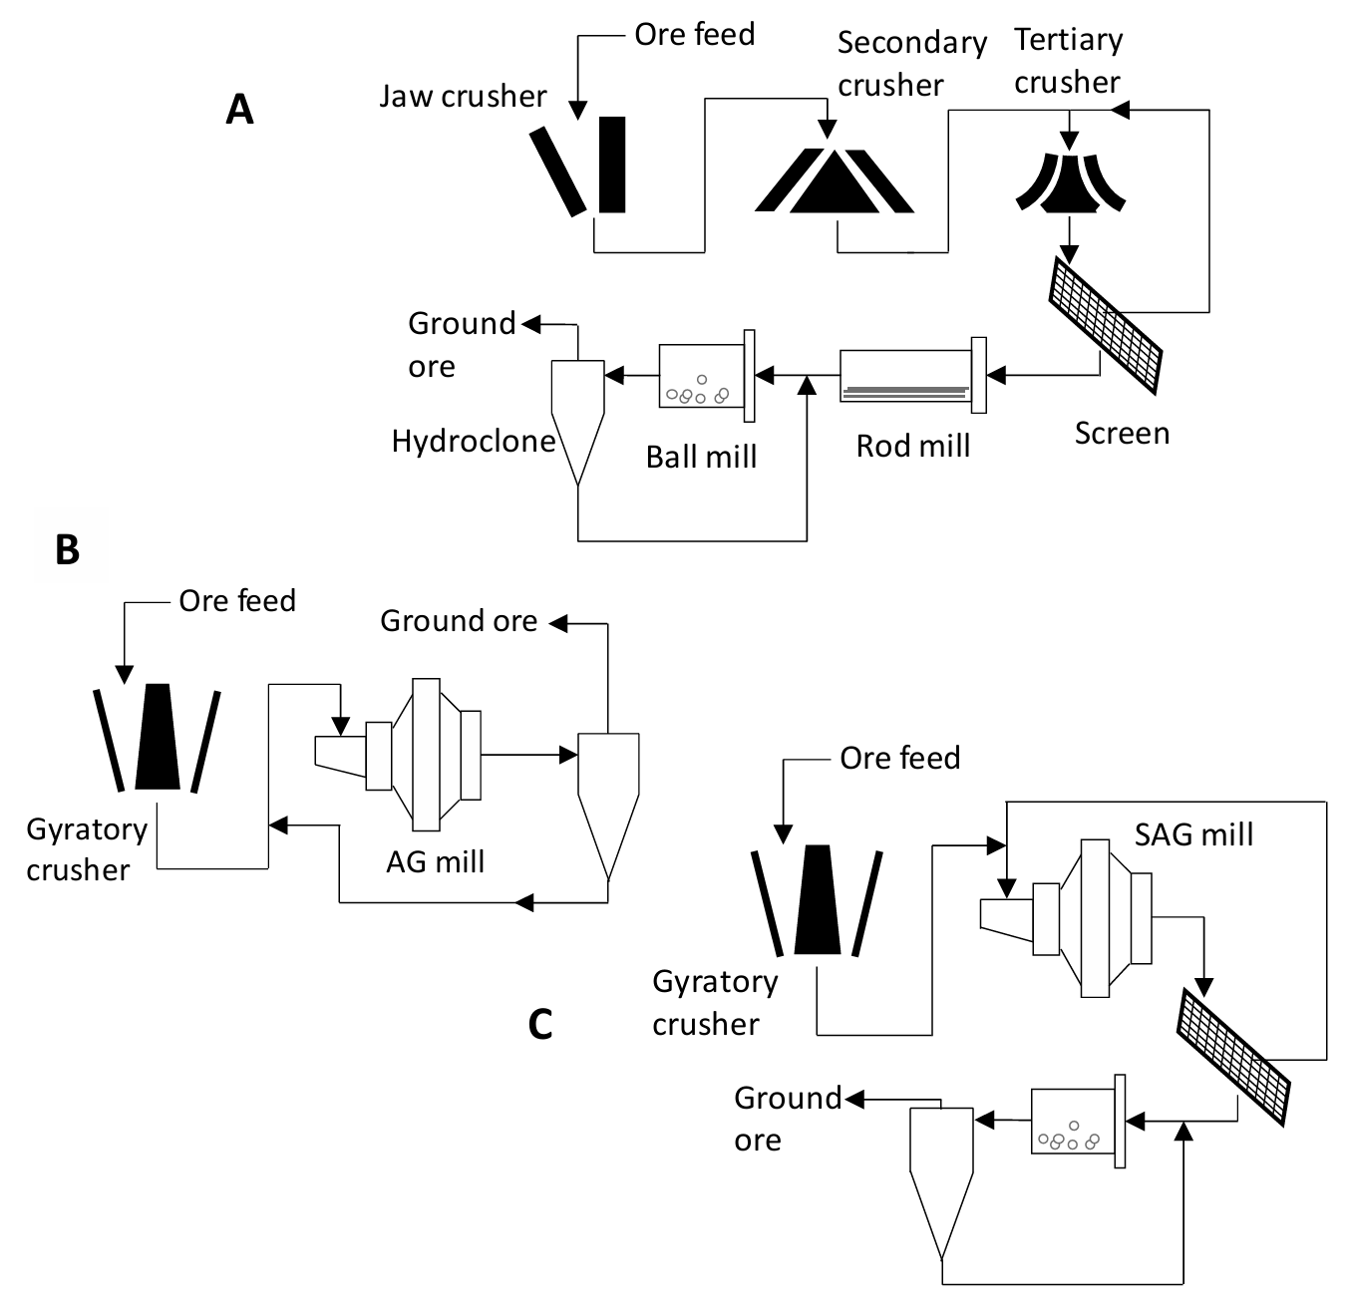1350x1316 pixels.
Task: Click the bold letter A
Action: point(239,109)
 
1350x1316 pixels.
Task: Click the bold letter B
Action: point(67,549)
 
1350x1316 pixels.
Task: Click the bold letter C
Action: point(539,1024)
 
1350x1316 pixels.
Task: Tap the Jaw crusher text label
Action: point(463,97)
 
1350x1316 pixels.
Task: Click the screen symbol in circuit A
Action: point(1105,325)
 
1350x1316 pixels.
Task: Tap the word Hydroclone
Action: point(473,441)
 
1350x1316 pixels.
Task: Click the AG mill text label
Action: point(435,861)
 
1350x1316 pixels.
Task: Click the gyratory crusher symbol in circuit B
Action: point(158,738)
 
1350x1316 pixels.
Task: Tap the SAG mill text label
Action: point(1193,834)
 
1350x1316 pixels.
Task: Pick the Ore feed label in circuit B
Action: point(237,601)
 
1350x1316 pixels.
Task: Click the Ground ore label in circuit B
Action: point(459,621)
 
